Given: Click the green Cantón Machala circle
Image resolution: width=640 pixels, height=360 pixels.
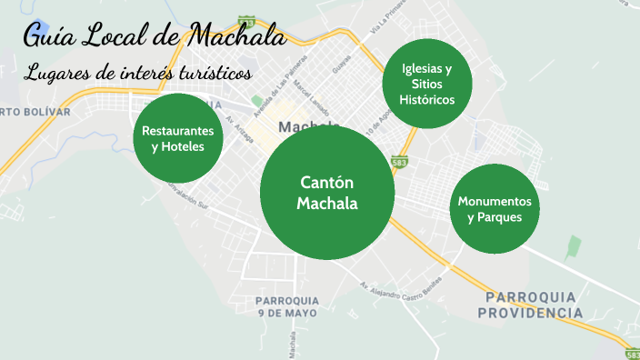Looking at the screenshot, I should (327, 193).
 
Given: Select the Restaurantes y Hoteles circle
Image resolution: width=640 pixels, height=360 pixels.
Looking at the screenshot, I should (178, 139).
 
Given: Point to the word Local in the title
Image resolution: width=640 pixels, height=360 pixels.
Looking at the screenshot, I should (119, 37).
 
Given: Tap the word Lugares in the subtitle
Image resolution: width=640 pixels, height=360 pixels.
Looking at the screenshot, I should (56, 73).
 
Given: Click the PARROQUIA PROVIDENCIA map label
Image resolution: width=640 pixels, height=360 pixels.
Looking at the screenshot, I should (533, 305).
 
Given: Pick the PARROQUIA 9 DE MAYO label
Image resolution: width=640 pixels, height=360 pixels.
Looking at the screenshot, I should (287, 305).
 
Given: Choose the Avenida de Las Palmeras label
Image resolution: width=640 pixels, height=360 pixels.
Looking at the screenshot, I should (275, 87).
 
